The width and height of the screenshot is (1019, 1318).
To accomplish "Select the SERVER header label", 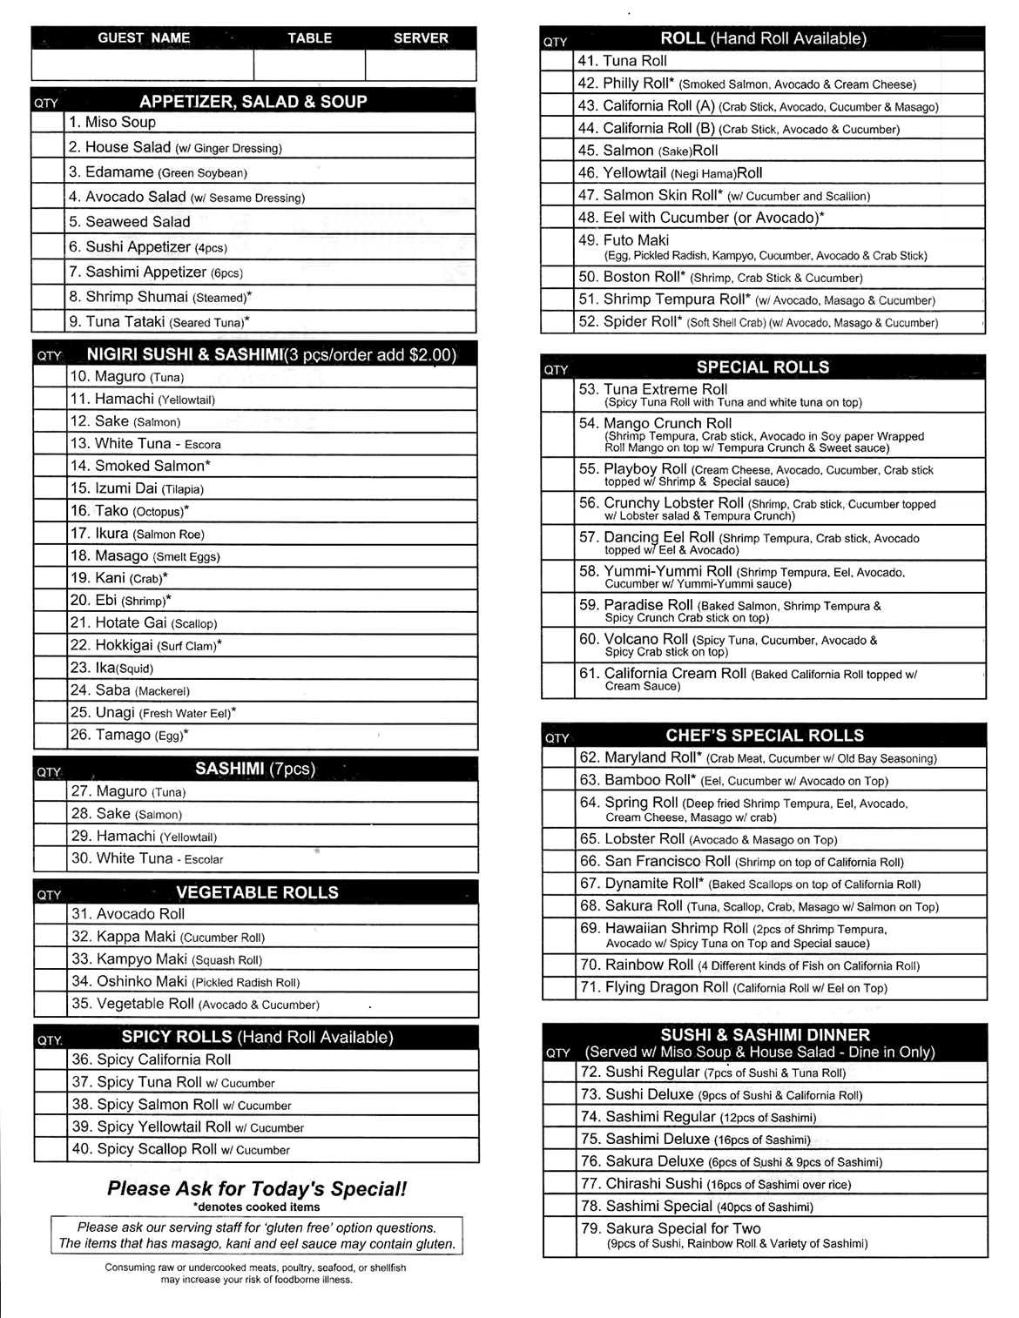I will click(421, 38).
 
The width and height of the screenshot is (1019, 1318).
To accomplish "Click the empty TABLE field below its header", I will click(309, 66).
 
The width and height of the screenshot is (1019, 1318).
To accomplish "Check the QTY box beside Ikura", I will click(51, 534).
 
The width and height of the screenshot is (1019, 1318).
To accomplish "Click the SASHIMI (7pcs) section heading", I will click(255, 769).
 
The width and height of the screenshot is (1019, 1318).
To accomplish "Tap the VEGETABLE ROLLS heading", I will click(257, 893).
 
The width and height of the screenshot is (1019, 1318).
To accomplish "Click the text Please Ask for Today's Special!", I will click(256, 1189).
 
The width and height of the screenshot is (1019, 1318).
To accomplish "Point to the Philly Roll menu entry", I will click(746, 84).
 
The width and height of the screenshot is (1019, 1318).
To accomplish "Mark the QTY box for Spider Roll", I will click(557, 322).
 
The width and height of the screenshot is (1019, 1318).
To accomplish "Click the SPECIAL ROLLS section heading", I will click(763, 367).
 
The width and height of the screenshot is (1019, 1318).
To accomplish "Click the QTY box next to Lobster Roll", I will click(559, 839).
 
